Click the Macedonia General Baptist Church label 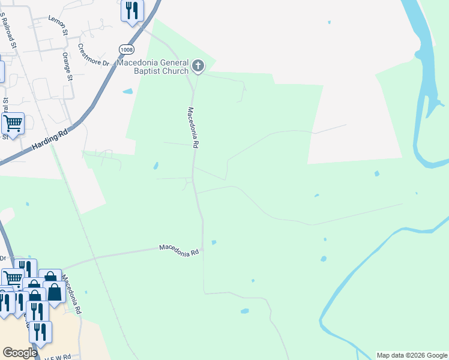pyautogui.click(x=152, y=67)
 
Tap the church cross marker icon pyautogui.click(x=199, y=65)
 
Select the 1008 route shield pyautogui.click(x=125, y=49)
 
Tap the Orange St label pyautogui.click(x=67, y=67)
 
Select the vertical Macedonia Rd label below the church pyautogui.click(x=193, y=127)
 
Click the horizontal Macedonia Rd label pyautogui.click(x=179, y=250)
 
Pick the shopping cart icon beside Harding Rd pyautogui.click(x=12, y=124)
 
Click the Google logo pyautogui.click(x=20, y=353)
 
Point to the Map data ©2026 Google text pyautogui.click(x=412, y=355)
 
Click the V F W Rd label pyautogui.click(x=58, y=356)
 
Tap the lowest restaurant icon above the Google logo pyautogui.click(x=40, y=332)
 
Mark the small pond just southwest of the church pyautogui.click(x=127, y=92)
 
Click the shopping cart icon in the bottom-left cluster pyautogui.click(x=12, y=278)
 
